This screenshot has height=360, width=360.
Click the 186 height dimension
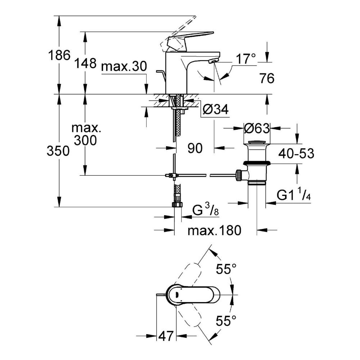coord(59,55)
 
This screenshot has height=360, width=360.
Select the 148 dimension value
coord(86,63)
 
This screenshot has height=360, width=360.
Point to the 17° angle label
coord(246,59)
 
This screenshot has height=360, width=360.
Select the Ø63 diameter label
coord(257,128)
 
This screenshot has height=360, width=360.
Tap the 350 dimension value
coord(58,151)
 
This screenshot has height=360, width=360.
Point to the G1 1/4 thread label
coord(293,195)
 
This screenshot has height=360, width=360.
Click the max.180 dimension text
coord(214,230)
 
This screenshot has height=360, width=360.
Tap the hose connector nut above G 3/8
coord(177,204)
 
